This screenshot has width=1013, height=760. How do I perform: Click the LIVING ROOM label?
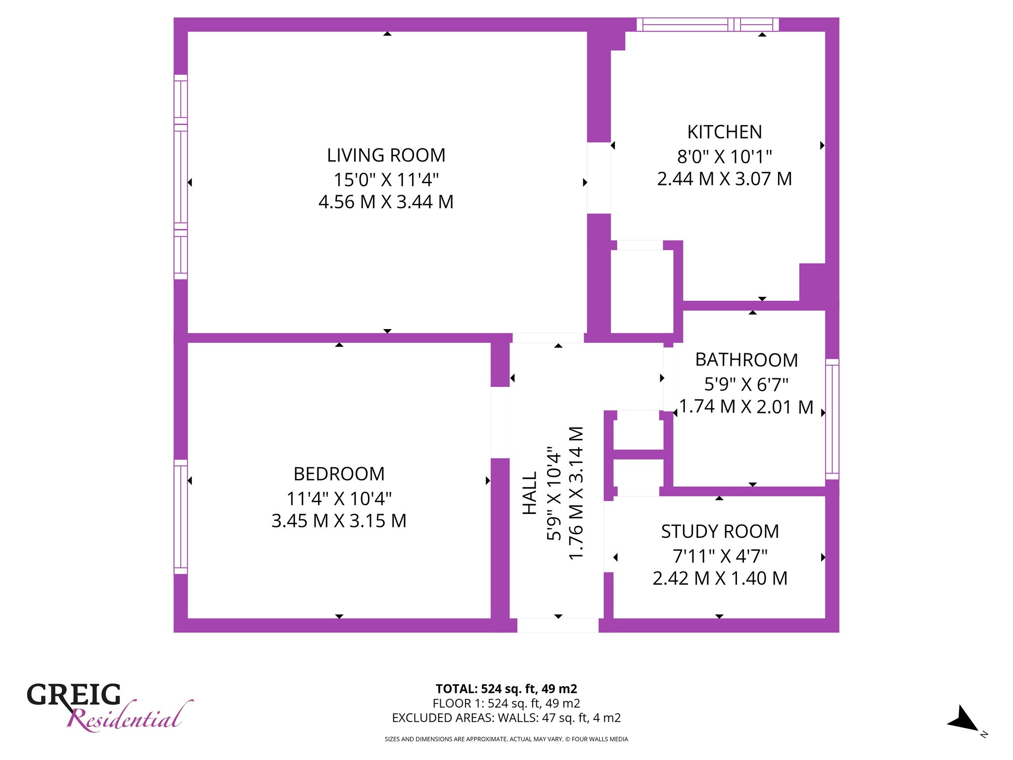coord(386,155)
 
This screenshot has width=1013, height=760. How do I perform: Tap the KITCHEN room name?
coord(725,132)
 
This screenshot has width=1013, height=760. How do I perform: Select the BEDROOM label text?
coord(339,474)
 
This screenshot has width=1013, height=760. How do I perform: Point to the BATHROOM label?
coord(746,360)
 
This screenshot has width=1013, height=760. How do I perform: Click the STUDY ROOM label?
coord(720,531)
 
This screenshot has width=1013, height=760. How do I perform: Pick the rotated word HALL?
coord(530,493)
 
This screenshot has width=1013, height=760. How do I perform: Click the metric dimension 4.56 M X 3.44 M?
coord(386,202)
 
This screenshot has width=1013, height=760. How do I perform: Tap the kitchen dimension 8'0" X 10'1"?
coord(725,156)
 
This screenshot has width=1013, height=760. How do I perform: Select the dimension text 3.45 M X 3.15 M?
coord(339,521)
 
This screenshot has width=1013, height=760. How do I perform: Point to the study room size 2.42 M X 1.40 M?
coord(720,578)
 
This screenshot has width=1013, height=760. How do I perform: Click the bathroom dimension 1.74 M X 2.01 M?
coord(746,407)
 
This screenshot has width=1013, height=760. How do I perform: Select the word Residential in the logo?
coord(130,716)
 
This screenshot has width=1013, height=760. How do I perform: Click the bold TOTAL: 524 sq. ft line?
coord(506,689)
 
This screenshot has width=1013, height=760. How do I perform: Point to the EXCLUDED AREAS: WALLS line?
coord(506,717)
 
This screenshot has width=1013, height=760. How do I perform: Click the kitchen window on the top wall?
coord(707,24)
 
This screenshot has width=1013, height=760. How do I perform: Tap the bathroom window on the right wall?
coord(832,419)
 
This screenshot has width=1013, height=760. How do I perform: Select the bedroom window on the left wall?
coord(181,517)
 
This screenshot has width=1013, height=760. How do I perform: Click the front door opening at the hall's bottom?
coord(558,625)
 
